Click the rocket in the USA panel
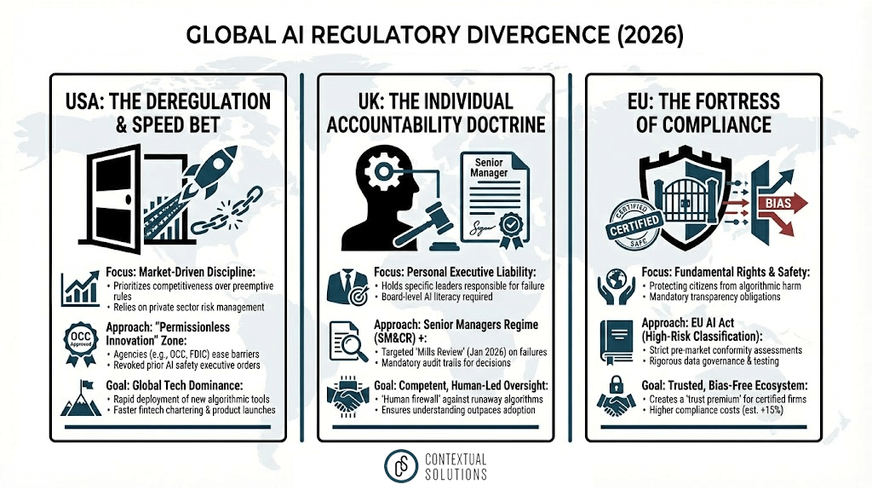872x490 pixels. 214,182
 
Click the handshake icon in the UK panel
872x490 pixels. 346,396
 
